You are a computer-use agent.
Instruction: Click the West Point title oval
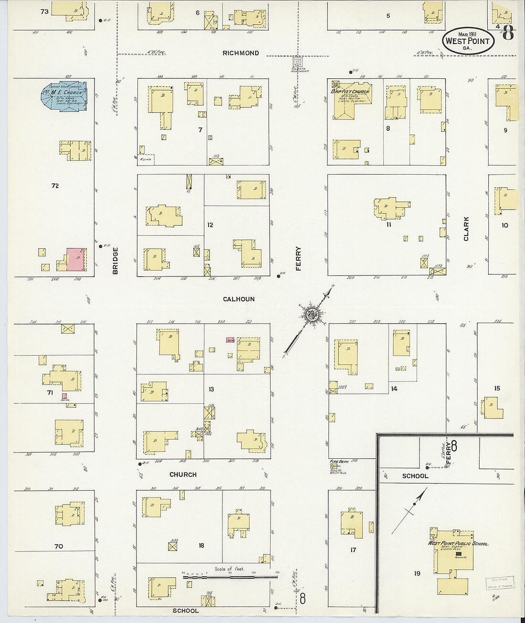[x=467, y=40]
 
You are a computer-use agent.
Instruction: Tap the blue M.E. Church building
[x=64, y=96]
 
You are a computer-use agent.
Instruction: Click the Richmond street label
[x=241, y=53]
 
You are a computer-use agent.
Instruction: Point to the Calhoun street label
[x=239, y=299]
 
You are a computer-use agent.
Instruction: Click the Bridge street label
[x=115, y=260]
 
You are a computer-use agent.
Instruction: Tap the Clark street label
[x=466, y=228]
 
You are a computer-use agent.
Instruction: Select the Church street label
[x=183, y=475]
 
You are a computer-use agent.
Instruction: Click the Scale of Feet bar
[x=230, y=577]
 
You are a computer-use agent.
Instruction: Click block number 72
[x=55, y=186]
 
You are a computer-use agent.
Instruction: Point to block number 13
[x=211, y=390]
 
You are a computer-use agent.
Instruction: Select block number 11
[x=388, y=224]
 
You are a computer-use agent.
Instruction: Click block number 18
[x=201, y=545]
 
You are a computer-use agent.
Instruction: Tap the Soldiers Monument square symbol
[x=297, y=62]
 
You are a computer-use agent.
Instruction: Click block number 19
[x=417, y=573]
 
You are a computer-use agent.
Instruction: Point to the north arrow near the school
[x=409, y=511]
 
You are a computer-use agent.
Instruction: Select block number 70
[x=59, y=546]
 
